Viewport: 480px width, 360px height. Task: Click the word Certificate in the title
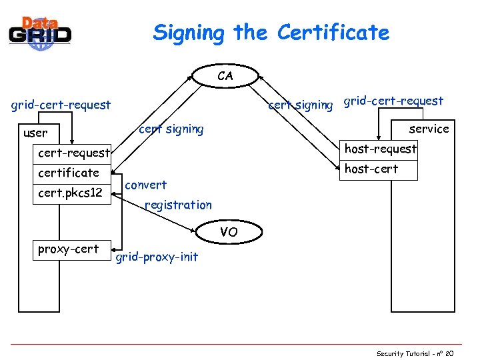(333, 32)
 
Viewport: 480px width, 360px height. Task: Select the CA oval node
(225, 75)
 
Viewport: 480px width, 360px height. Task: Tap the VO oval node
(228, 232)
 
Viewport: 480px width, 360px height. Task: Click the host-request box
(380, 149)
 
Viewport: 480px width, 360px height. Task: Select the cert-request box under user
(73, 153)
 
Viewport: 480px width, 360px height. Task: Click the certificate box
(69, 173)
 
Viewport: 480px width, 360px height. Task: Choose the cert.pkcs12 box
(70, 193)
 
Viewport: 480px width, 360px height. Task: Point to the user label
(35, 133)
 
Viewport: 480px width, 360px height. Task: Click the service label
(429, 129)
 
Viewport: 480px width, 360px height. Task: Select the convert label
(146, 185)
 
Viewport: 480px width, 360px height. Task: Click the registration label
(178, 205)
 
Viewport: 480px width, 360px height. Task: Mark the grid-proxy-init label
(157, 257)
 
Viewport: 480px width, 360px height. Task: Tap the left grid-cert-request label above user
(61, 105)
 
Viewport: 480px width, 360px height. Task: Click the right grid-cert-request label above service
(393, 101)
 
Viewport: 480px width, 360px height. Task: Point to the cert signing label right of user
(171, 129)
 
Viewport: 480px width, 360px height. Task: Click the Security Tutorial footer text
(414, 353)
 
